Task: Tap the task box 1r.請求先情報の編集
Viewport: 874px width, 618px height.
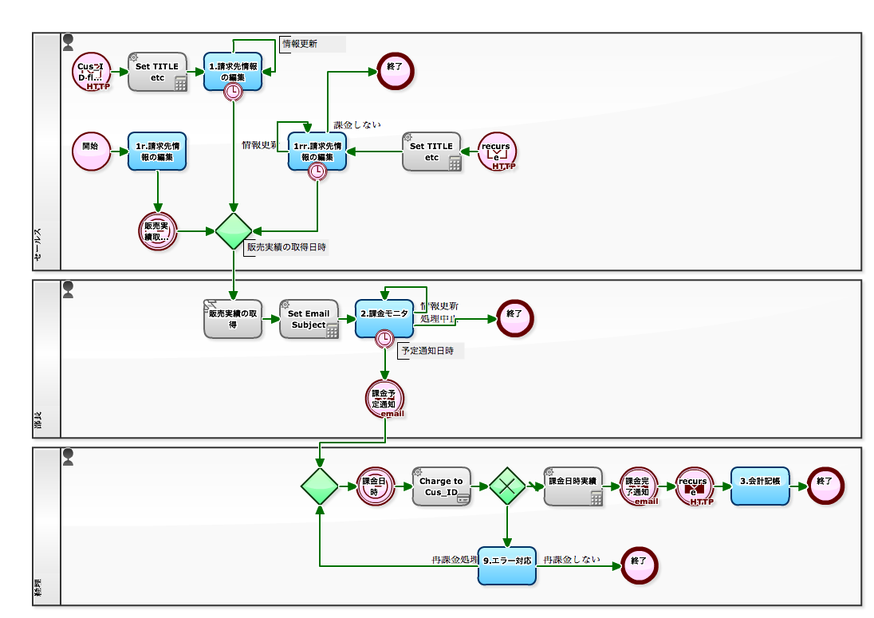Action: tap(157, 152)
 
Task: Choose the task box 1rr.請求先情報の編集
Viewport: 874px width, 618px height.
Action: tap(317, 152)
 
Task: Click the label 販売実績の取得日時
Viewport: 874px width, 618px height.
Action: tap(286, 247)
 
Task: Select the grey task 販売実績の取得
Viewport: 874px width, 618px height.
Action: tap(233, 319)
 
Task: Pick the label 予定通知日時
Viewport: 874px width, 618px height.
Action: tap(427, 351)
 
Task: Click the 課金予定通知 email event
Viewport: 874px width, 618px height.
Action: tap(385, 399)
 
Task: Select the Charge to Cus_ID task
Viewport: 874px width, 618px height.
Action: tap(441, 486)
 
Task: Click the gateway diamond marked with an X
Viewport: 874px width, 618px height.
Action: tap(507, 486)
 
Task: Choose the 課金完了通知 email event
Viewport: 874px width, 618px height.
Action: tap(640, 486)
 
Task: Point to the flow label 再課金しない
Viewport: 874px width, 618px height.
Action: tap(572, 560)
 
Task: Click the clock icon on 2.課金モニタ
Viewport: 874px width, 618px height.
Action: tap(385, 339)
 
